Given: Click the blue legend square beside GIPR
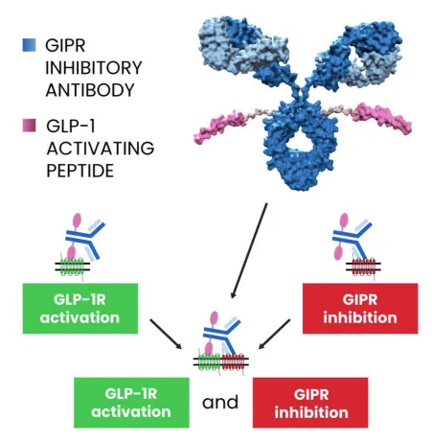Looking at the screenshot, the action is (x=29, y=45).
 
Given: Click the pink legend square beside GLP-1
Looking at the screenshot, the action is (x=29, y=126).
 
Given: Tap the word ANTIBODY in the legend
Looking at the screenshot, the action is (x=90, y=90).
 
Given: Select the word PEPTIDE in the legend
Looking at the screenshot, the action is (x=80, y=171).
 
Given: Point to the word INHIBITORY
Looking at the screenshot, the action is (x=94, y=68).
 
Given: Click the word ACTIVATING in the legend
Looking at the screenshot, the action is (x=101, y=148).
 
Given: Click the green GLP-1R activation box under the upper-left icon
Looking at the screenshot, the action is (x=80, y=309).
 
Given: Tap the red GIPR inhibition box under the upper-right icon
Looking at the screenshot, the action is (x=360, y=309).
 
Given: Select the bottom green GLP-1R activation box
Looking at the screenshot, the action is (x=131, y=403).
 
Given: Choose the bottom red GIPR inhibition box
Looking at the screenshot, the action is (x=310, y=403).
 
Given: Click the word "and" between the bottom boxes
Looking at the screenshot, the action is (x=220, y=403).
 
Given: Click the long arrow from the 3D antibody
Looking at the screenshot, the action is (x=249, y=250).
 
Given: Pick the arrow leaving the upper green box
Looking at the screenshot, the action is (x=166, y=334).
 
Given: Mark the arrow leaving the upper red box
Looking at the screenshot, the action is (x=274, y=334).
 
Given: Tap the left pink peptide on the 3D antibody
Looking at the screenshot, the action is (x=221, y=127).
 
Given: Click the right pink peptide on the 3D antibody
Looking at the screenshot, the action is (x=382, y=119).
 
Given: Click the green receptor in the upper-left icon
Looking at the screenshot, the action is (x=72, y=267).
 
